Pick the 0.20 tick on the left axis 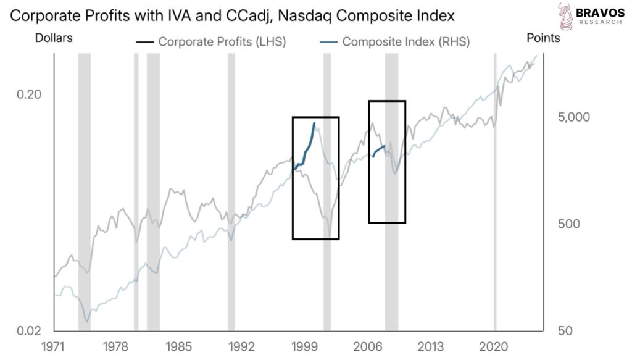coord(29,94)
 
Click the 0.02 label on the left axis coord(29,330)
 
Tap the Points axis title coord(543,38)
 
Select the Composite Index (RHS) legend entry coord(398,42)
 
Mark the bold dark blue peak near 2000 coord(314,123)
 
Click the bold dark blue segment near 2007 coord(379,149)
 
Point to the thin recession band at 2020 coord(495,185)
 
